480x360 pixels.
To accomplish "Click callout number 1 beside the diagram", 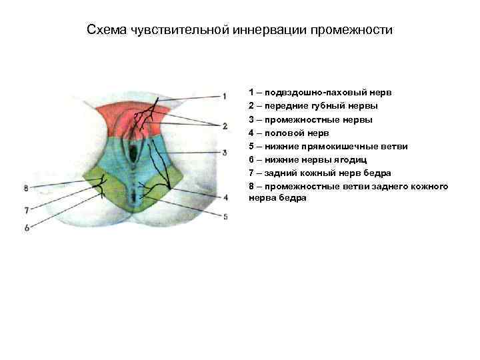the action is (x=225, y=95).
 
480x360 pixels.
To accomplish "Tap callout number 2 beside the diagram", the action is (x=225, y=125).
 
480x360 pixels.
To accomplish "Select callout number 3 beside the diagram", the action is (x=225, y=152).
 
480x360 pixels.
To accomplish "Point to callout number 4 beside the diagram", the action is (x=225, y=197).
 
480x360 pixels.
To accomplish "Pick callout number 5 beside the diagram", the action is (x=225, y=216).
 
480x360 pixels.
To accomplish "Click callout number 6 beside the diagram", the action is (x=27, y=228).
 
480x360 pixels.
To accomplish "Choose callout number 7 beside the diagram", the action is (x=27, y=210).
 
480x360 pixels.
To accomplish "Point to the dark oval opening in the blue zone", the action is (x=135, y=155).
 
